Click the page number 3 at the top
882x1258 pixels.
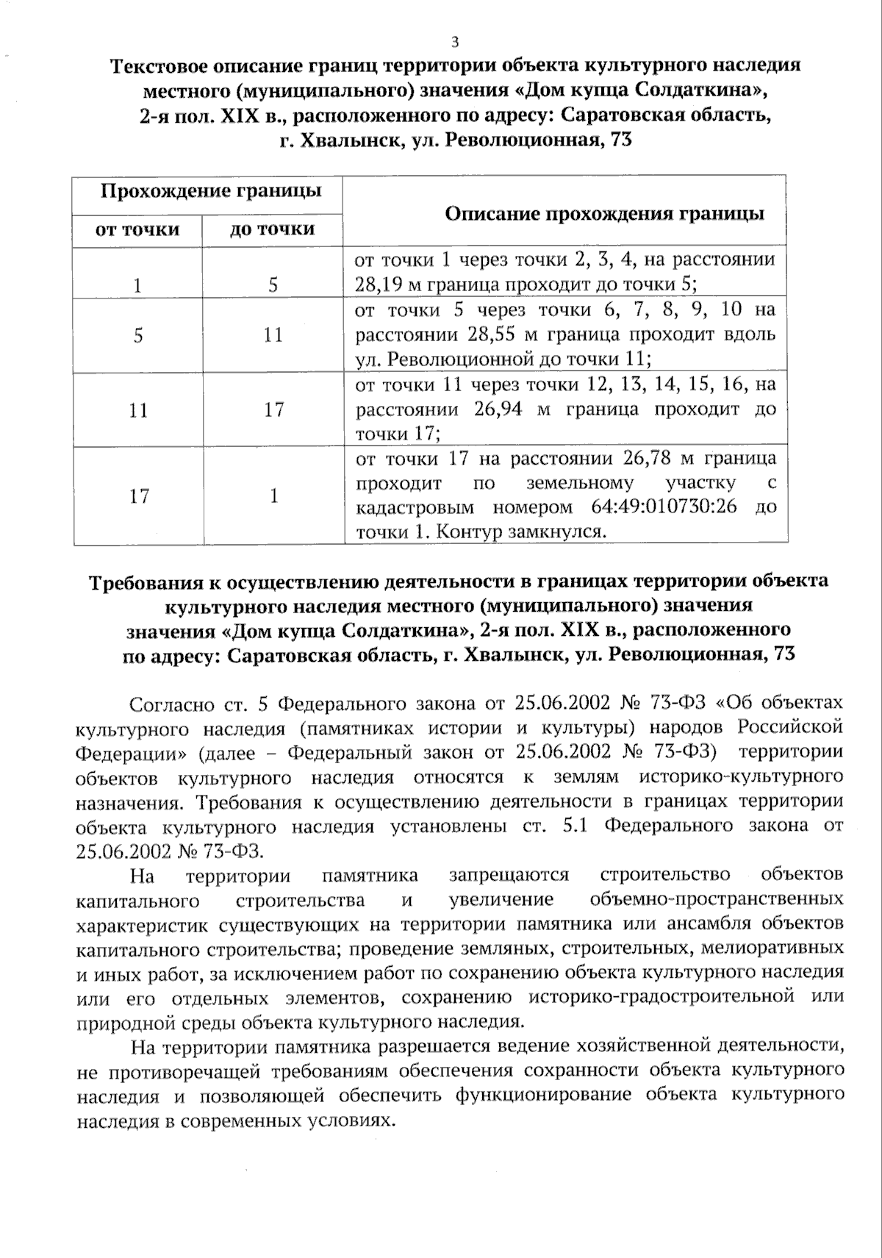click(x=455, y=41)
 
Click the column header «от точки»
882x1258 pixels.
click(x=137, y=229)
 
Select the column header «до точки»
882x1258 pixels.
click(x=273, y=229)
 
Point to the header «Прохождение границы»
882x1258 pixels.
click(x=211, y=192)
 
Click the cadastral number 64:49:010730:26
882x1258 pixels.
click(x=663, y=507)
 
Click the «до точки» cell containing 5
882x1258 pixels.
click(x=273, y=285)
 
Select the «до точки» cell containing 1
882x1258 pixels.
click(x=273, y=496)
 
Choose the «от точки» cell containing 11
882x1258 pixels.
click(x=138, y=410)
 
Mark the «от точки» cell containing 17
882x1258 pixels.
click(x=139, y=496)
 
